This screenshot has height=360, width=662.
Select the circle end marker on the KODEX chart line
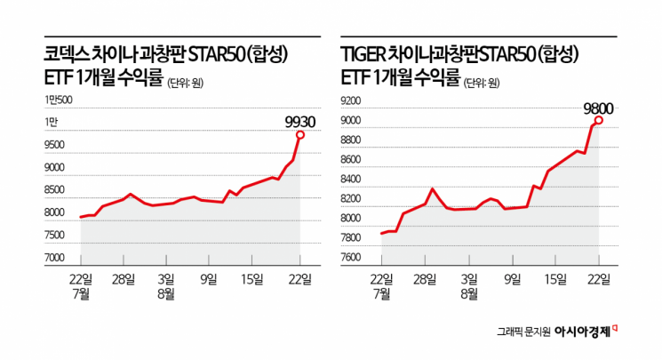[x=300, y=134]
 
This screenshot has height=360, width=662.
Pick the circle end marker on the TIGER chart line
[x=599, y=120]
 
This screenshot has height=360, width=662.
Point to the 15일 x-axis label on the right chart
[x=554, y=279]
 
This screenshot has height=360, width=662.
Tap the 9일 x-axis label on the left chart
[x=210, y=279]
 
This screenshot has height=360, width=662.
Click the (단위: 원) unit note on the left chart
[x=190, y=83]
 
